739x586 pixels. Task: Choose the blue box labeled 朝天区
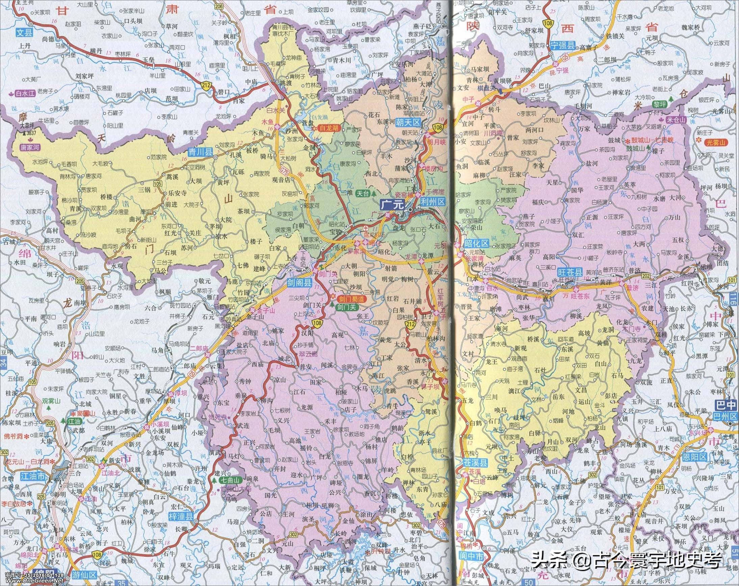coord(407,122)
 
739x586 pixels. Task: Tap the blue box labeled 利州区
coord(432,202)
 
